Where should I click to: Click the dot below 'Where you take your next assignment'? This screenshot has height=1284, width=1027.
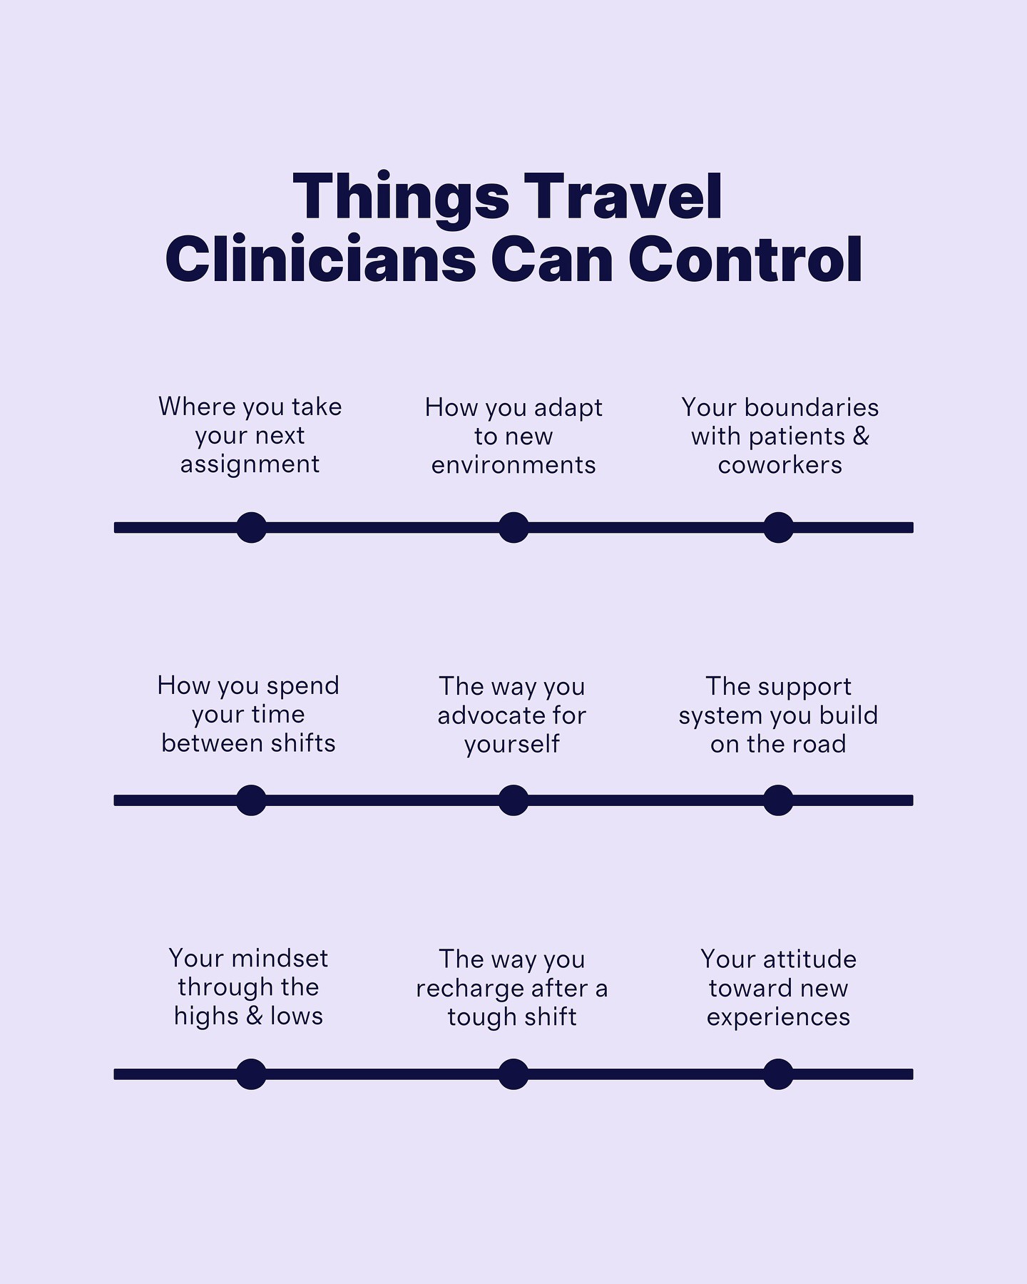[251, 528]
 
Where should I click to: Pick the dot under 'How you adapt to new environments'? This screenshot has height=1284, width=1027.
[513, 528]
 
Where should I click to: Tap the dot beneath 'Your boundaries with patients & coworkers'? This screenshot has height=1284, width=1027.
[778, 528]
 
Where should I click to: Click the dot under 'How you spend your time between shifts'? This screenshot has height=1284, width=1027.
[251, 800]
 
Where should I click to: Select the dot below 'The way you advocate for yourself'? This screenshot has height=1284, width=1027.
[513, 800]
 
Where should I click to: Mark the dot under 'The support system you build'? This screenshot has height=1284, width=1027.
[778, 800]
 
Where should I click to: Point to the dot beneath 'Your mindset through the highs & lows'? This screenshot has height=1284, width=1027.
[251, 1074]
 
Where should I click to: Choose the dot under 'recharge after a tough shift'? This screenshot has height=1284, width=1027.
[513, 1074]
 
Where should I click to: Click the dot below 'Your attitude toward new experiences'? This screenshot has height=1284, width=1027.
[778, 1074]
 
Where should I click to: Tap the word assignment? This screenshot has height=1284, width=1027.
[250, 465]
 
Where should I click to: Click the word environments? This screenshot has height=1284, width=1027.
[513, 465]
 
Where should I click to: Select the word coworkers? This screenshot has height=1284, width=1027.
[780, 465]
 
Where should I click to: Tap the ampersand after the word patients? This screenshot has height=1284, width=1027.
[861, 436]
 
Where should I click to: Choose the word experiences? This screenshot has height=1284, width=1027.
[778, 1017]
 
